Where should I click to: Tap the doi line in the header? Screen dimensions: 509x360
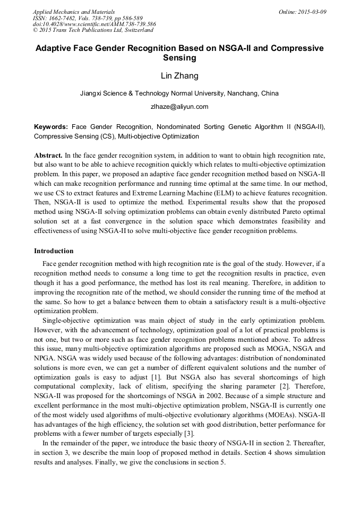point(94,24)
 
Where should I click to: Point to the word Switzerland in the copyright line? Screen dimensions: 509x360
point(135,30)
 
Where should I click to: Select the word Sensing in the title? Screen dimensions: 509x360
point(179,58)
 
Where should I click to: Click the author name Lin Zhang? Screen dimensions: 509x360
point(179,76)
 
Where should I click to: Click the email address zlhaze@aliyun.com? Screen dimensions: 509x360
point(179,107)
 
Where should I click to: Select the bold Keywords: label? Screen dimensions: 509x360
point(51,127)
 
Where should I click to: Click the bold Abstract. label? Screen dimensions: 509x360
point(48,156)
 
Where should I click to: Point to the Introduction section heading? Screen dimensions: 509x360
point(54,251)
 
